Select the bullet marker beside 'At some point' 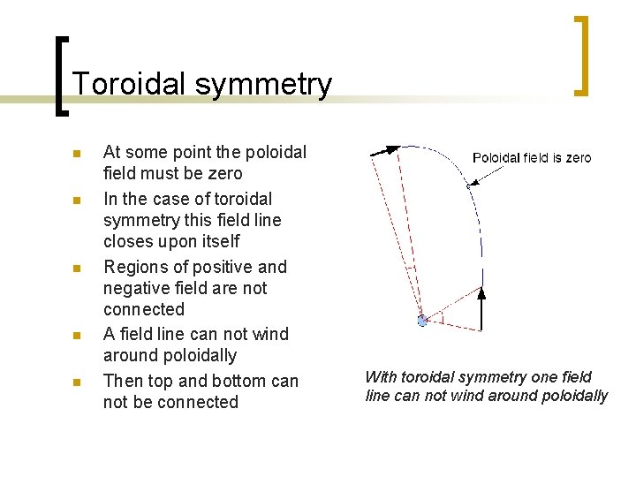[x=76, y=154]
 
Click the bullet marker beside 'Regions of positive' [x=76, y=268]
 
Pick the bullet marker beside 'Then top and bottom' [x=76, y=382]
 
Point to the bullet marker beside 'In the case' [x=76, y=201]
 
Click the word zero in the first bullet [x=224, y=174]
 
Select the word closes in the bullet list [x=127, y=242]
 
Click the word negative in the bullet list [x=138, y=289]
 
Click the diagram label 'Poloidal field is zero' [x=532, y=158]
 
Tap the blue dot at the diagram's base [x=422, y=321]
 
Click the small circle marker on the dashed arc [x=468, y=185]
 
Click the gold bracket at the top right [x=581, y=55]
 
